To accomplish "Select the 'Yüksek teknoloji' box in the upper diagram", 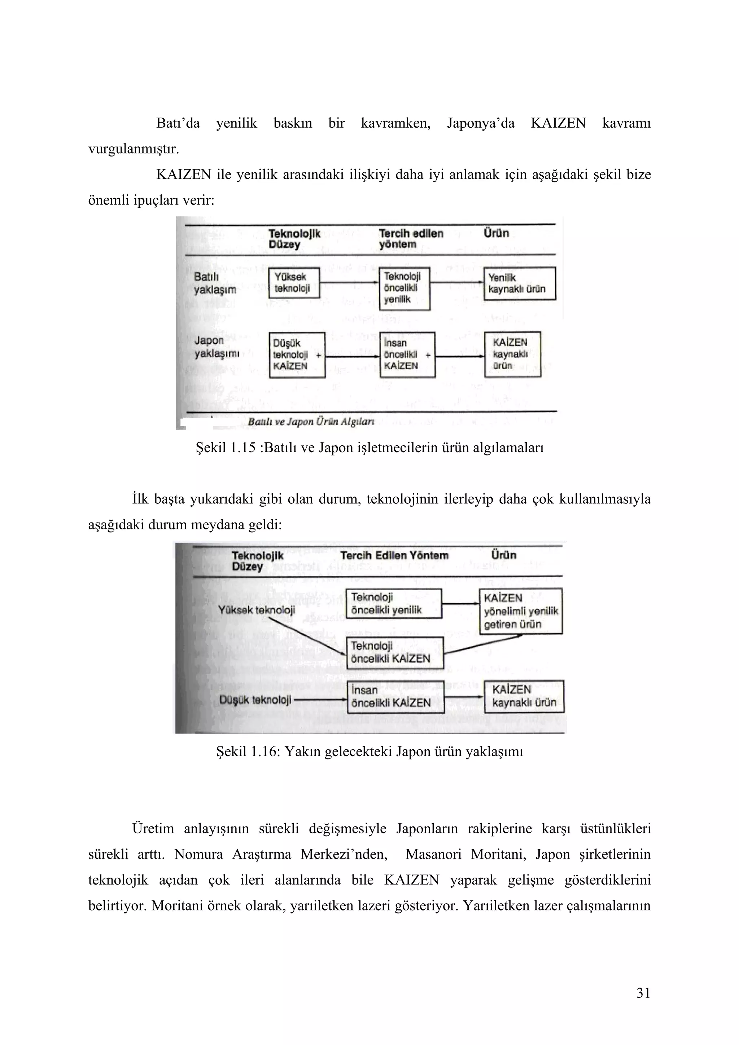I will pyautogui.click(x=294, y=283).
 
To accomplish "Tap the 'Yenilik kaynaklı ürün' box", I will pyautogui.click(x=520, y=283).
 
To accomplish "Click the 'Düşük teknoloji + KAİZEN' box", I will pyautogui.click(x=297, y=354).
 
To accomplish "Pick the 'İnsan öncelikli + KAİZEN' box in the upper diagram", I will pyautogui.click(x=407, y=354).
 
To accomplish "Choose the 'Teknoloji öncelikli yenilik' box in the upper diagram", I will pyautogui.click(x=405, y=288).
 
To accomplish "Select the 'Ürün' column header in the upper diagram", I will pyautogui.click(x=496, y=234).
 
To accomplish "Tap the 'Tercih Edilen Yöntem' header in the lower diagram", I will pyautogui.click(x=394, y=555).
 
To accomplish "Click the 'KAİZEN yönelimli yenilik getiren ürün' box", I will pyautogui.click(x=520, y=611).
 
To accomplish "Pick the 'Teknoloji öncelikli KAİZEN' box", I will pyautogui.click(x=394, y=652).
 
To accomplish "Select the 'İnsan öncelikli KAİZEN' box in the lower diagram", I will pyautogui.click(x=395, y=696).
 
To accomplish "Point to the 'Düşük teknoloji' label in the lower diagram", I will pyautogui.click(x=255, y=700).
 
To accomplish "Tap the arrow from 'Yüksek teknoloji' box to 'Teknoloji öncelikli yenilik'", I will pyautogui.click(x=349, y=283).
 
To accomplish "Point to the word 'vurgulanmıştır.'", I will pyautogui.click(x=134, y=149).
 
